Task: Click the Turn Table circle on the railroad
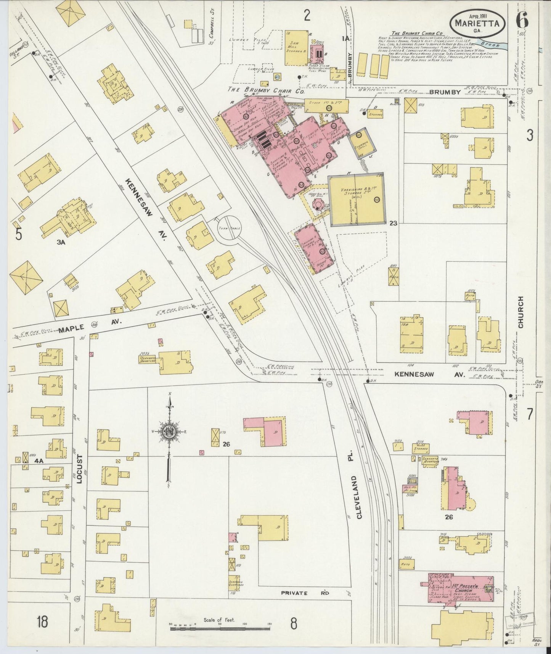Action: click(x=228, y=227)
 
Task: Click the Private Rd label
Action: click(x=305, y=604)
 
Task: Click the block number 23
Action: click(x=393, y=223)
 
